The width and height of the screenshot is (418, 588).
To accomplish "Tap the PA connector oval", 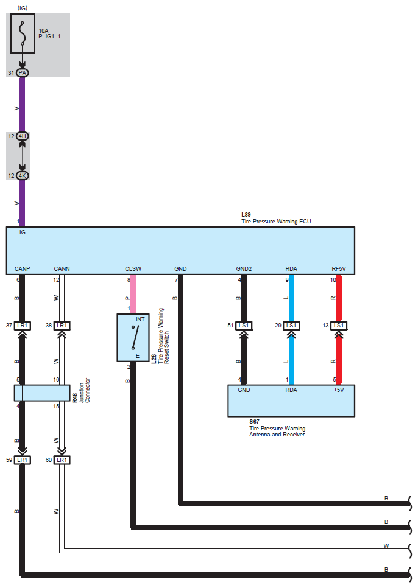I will point(23,72).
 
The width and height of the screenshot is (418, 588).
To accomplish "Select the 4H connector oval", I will point(23,136).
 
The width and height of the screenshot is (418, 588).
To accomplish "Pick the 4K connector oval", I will point(23,175).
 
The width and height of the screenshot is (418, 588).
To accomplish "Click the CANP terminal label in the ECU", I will point(22,268).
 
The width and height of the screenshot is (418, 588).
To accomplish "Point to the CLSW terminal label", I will point(133,268).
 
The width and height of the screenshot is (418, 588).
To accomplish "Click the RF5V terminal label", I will point(339,268).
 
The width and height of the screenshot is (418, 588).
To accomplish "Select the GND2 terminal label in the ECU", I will point(244,268).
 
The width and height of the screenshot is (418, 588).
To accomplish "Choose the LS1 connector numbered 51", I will point(244,326).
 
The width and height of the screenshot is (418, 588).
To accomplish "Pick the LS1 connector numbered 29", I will point(291,326).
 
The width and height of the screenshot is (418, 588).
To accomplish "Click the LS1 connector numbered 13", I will point(339,326).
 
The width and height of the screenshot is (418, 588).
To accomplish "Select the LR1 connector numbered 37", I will point(23,326).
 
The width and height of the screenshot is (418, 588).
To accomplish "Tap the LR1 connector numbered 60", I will point(62,460).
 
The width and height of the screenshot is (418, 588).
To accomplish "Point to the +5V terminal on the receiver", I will point(339,390).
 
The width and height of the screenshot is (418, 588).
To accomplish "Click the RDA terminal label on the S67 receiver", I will point(291,390).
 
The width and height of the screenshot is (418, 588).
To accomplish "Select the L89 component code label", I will point(246,215).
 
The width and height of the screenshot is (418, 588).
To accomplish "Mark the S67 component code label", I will point(253,422).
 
